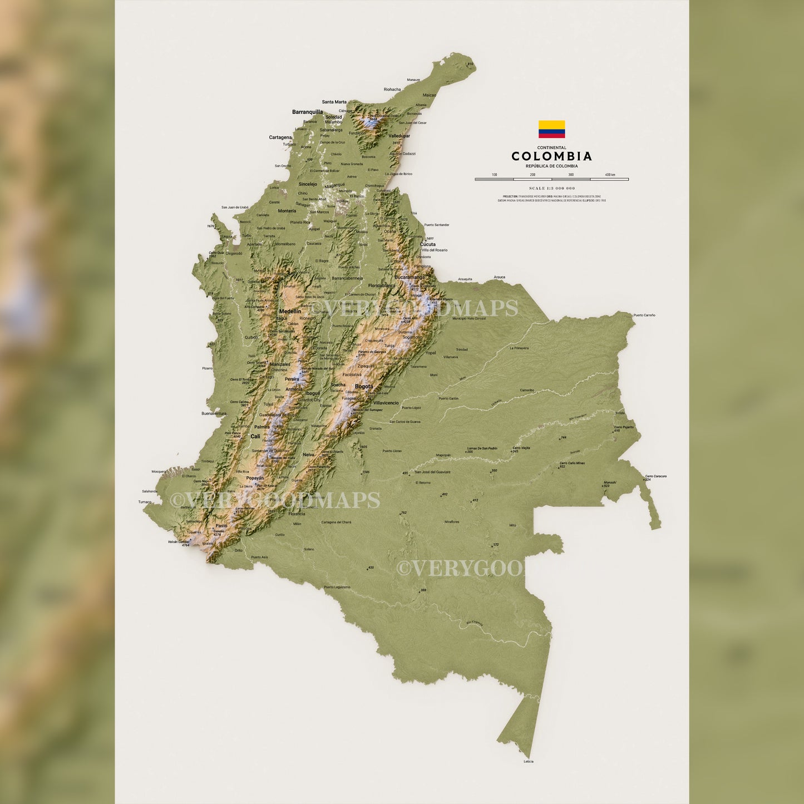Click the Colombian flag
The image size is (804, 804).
coord(551,129)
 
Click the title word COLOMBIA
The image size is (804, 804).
coord(551,156)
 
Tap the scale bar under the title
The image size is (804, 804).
coord(551,179)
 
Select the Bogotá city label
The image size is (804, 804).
coord(364,387)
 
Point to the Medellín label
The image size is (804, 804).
coord(290,312)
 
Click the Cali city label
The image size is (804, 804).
coord(255,436)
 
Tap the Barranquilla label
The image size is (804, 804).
coord(307,112)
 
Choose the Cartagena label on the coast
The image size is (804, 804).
coord(280,137)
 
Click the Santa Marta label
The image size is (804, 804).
coord(334,102)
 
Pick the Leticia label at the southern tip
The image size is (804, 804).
coord(529,761)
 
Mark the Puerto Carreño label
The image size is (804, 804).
coord(644,315)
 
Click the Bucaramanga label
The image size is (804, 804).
coord(410,277)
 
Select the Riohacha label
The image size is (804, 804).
coord(392,89)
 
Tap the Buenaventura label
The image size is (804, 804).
coord(214,413)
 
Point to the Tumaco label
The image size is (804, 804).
coord(145,502)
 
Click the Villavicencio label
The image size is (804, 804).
coord(386,402)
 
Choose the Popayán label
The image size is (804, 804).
coord(255,478)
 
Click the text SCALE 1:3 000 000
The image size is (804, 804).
coord(551,188)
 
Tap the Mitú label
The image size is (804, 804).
coord(513,525)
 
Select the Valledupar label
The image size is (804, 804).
coord(399,136)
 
